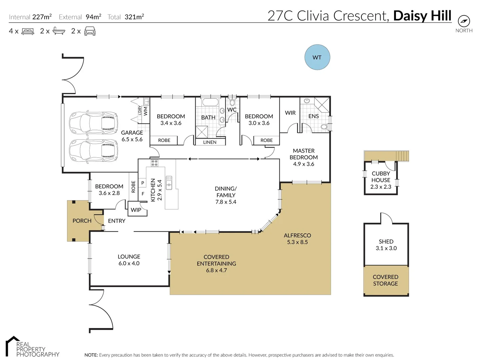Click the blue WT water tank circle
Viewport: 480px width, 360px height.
click(317, 57)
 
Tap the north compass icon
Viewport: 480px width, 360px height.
click(464, 21)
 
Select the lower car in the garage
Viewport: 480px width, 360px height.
click(93, 151)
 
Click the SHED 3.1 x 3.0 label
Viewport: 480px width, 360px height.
click(386, 245)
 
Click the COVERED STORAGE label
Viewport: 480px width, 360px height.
click(385, 280)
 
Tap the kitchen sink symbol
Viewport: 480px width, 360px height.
click(169, 183)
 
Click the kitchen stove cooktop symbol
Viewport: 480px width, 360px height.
click(154, 163)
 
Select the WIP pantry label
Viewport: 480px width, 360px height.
click(136, 210)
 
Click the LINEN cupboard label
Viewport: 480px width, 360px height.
click(210, 142)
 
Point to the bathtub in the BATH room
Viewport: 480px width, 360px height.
click(210, 102)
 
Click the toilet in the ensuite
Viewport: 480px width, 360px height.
click(324, 127)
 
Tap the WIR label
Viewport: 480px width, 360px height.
click(290, 113)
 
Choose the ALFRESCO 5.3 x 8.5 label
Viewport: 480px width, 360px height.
click(297, 239)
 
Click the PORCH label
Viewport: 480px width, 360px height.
click(82, 221)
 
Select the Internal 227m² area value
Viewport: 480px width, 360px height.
click(42, 17)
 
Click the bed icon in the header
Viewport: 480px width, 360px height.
click(28, 32)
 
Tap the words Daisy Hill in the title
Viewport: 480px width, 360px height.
click(422, 16)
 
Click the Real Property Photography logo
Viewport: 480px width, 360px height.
click(32, 348)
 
